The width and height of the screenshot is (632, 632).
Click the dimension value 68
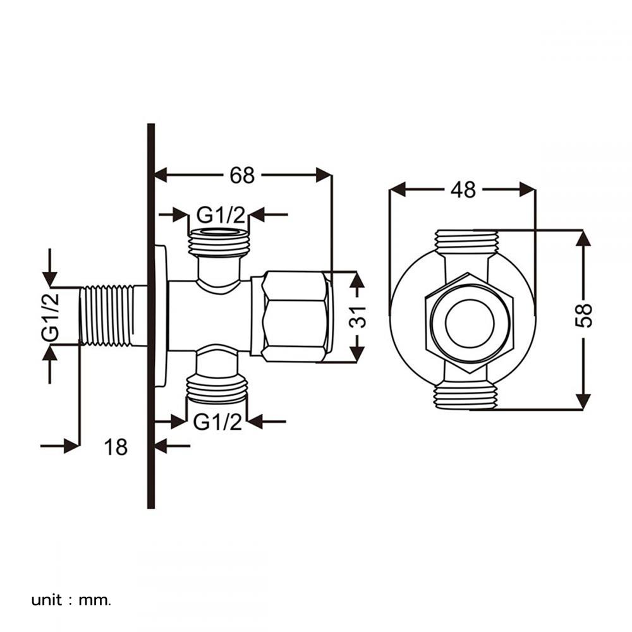pos(242,175)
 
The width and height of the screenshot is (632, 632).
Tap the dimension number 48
pos(463,189)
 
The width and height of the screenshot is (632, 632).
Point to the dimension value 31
pos(358,314)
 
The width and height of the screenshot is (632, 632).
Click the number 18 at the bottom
pos(116,447)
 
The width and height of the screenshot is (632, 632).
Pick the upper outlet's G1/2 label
pos(220,215)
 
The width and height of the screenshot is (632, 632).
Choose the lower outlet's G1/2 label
pos(217,422)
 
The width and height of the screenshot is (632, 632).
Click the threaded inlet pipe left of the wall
pos(107,315)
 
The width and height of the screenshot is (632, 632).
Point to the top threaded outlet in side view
pos(219,242)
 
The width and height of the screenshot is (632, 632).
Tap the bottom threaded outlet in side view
pos(217,389)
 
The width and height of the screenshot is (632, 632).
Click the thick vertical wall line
pos(151,316)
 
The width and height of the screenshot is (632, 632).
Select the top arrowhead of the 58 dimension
pos(583,238)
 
